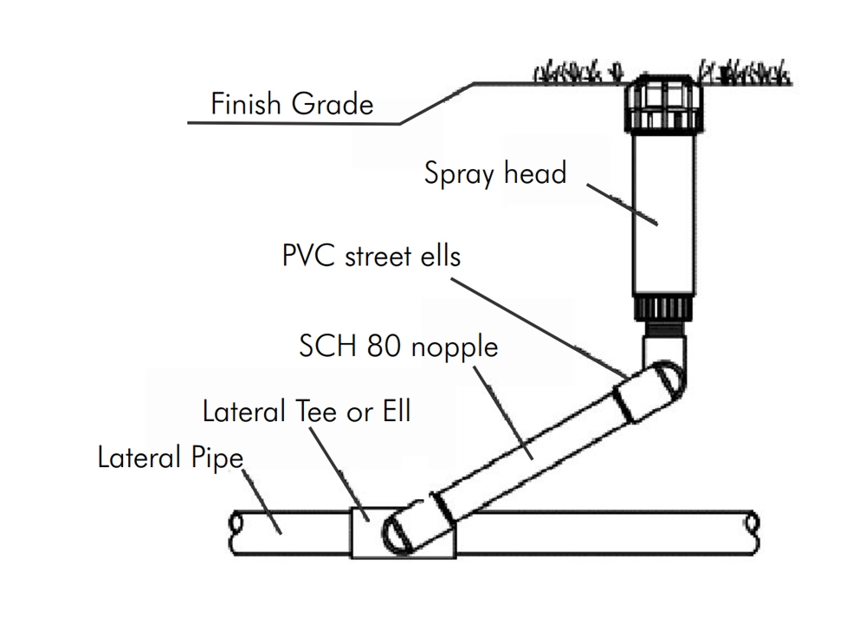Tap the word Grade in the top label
[x=333, y=105]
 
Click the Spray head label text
[x=494, y=173]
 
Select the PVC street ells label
[x=372, y=257]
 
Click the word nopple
[x=455, y=347]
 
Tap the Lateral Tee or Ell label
[x=307, y=411]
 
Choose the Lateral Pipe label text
[x=170, y=457]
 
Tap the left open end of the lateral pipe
[x=236, y=525]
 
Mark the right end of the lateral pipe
[x=753, y=523]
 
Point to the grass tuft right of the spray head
[x=745, y=73]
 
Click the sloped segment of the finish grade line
[x=437, y=103]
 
